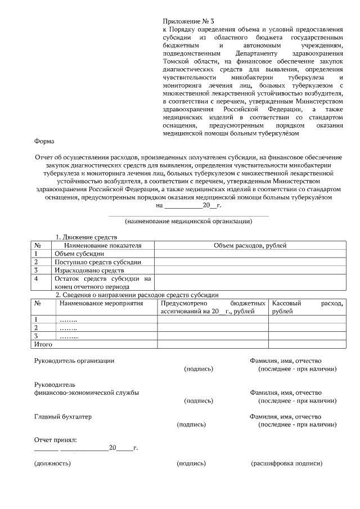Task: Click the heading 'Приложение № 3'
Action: pos(188,20)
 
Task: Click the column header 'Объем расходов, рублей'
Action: pos(250,245)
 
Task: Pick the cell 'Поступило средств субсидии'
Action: pos(97,262)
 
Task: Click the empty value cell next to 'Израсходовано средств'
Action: pos(250,271)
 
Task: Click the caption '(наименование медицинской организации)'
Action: pos(188,221)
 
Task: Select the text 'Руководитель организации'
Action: pos(74,361)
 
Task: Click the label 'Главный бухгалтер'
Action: pos(62,417)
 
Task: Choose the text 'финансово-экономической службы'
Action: pos(87,393)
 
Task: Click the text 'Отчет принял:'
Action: pos(55,439)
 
